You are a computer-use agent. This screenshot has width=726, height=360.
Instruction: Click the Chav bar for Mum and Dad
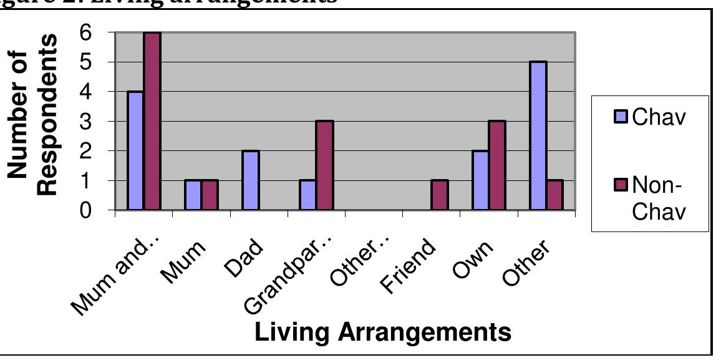(135, 151)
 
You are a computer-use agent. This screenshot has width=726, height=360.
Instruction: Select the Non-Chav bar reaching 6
(152, 122)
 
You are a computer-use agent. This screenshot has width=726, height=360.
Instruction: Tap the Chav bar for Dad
(251, 181)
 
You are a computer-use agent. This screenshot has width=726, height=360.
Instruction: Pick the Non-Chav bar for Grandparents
(324, 166)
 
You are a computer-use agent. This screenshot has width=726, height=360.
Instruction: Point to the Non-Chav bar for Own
(497, 166)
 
